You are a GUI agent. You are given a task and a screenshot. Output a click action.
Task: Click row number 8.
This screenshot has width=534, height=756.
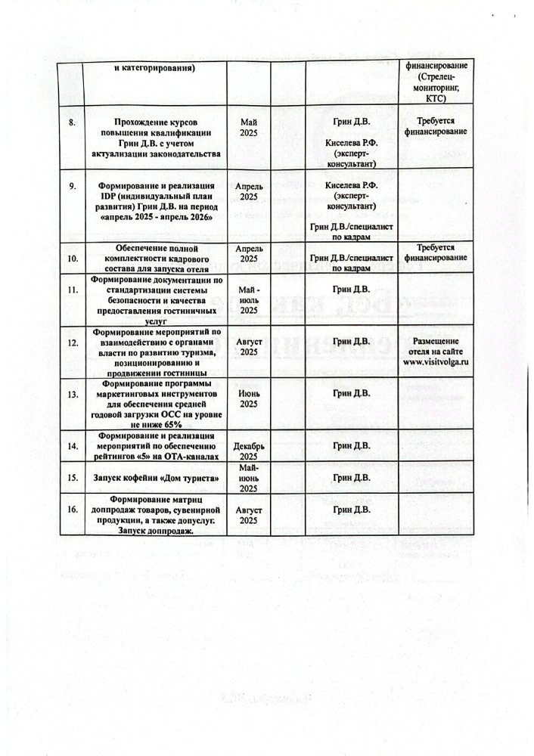pyautogui.click(x=72, y=122)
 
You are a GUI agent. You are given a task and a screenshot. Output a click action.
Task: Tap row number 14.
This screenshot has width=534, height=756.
pyautogui.click(x=73, y=446)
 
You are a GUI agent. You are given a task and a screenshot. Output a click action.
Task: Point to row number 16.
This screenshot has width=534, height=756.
pyautogui.click(x=73, y=510)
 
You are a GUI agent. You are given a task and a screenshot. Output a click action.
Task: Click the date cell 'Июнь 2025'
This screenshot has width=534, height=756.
pyautogui.click(x=249, y=398)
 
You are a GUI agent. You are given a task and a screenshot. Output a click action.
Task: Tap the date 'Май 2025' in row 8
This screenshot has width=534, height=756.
pyautogui.click(x=249, y=127)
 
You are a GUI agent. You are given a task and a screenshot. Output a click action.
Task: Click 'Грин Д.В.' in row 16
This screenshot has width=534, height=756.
pyautogui.click(x=351, y=510)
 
